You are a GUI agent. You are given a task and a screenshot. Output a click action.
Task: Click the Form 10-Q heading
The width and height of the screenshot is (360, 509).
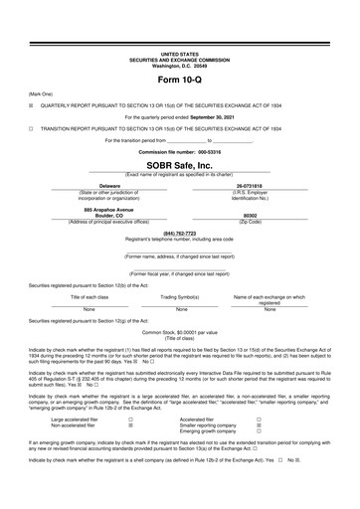pyautogui.click(x=179, y=78)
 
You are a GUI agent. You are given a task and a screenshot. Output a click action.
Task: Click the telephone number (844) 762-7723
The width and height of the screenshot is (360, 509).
pyautogui.click(x=179, y=234)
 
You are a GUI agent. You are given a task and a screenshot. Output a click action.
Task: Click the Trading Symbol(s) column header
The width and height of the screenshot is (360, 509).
pyautogui.click(x=179, y=296)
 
